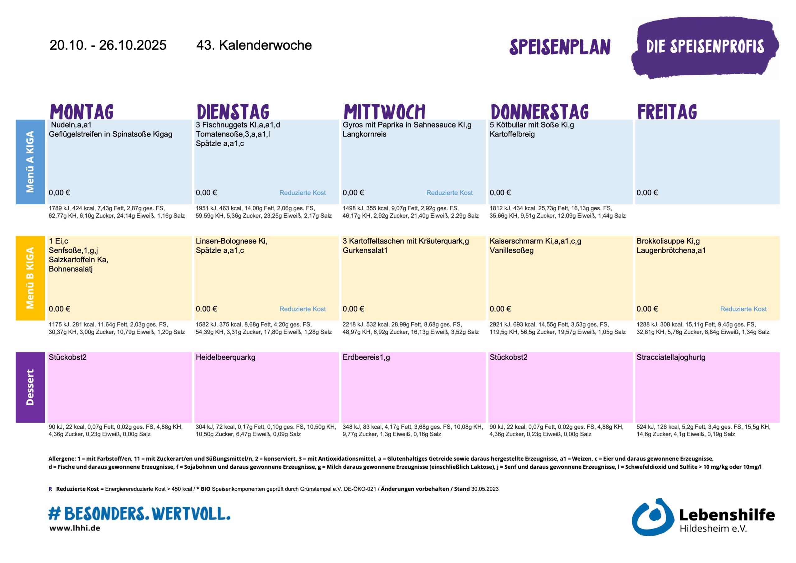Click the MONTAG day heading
point(82,112)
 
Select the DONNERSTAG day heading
point(539,112)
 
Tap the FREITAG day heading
point(667,112)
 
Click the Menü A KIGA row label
point(30,162)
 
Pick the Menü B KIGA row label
point(30,278)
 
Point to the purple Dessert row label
point(30,387)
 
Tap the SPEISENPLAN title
point(560,47)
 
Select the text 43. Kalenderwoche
point(254,45)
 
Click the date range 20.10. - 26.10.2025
point(108,45)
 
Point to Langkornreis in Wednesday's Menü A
point(364,134)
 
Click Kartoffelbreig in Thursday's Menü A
point(512,134)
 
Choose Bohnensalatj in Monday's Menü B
point(70,269)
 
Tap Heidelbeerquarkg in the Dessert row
point(225,357)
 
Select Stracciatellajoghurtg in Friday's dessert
point(670,357)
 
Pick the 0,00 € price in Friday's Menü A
point(647,193)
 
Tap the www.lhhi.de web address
point(75,528)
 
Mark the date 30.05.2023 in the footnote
point(485,489)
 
